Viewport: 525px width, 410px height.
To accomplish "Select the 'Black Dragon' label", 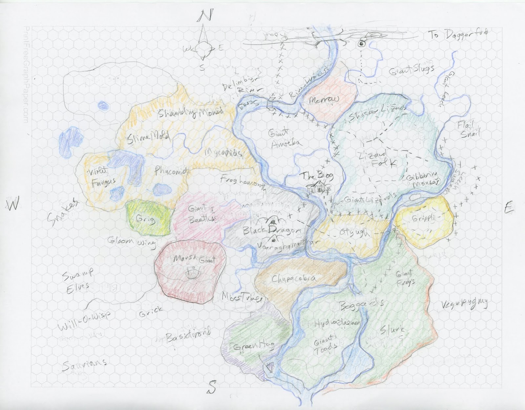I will pyautogui.click(x=271, y=231).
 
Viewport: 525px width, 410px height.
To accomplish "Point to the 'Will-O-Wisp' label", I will pyautogui.click(x=84, y=322).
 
